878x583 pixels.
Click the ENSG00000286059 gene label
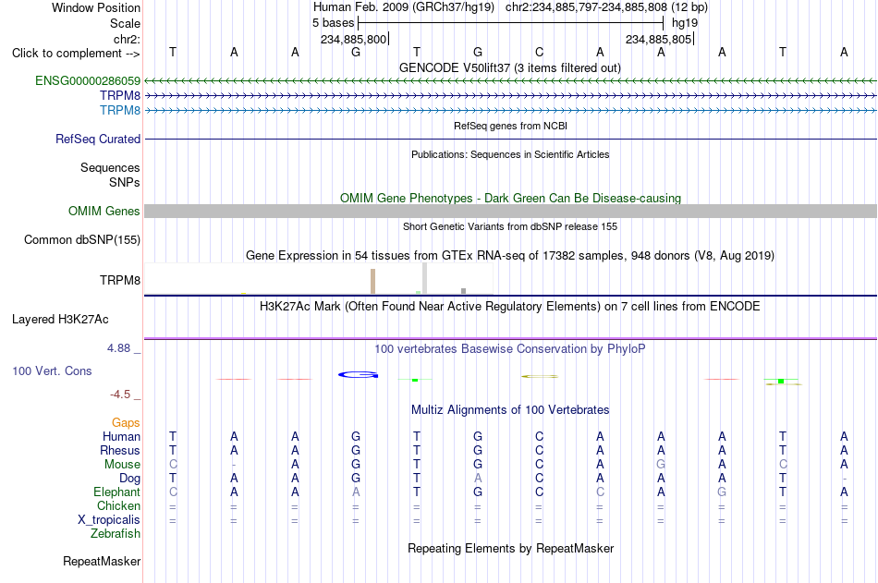(88, 80)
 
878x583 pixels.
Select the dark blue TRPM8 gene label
(120, 95)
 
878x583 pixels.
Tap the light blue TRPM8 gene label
(120, 110)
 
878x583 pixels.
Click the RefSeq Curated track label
(98, 139)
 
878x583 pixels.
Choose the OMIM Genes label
(104, 212)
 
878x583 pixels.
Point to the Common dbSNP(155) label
(82, 239)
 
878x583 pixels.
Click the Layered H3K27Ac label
(60, 320)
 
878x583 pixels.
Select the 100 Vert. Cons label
(52, 370)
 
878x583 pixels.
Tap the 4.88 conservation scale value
(118, 348)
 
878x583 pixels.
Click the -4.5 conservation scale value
(120, 395)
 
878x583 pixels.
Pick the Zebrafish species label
(116, 534)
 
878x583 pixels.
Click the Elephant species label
(117, 492)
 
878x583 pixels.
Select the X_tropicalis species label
(109, 520)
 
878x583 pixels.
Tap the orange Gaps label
(126, 423)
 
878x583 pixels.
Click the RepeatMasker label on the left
(102, 561)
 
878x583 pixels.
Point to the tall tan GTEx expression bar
(373, 281)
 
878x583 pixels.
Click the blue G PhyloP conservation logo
(359, 375)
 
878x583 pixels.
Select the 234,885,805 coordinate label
(658, 39)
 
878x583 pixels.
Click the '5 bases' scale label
(333, 23)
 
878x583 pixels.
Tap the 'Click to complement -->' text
(76, 54)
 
